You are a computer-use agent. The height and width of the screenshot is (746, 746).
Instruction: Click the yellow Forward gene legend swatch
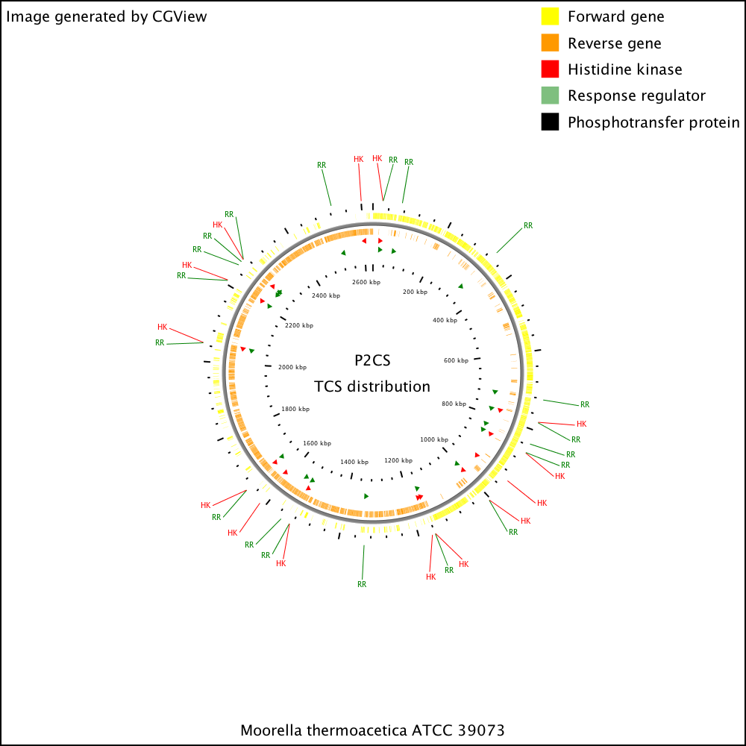[550, 16]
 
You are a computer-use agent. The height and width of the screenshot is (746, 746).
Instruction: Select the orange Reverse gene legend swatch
[550, 43]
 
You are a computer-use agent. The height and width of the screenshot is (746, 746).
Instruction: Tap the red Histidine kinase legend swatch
[550, 69]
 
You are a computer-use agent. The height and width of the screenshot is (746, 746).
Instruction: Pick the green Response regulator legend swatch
[550, 95]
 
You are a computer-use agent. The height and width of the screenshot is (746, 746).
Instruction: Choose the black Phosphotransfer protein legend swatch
[550, 122]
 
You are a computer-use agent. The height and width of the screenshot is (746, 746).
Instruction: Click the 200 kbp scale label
[416, 292]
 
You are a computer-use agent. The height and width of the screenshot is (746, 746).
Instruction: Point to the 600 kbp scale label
[457, 360]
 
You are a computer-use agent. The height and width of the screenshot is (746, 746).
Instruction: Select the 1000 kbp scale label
[434, 439]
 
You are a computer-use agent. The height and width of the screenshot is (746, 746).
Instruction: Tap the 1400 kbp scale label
[354, 462]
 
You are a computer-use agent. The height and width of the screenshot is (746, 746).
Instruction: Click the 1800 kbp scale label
[295, 409]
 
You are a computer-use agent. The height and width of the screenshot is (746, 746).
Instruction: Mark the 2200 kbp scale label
[299, 325]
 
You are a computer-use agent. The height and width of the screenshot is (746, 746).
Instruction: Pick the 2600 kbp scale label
[366, 282]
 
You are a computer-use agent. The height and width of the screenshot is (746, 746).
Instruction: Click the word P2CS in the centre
[372, 360]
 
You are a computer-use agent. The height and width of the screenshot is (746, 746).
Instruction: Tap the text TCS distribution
[372, 386]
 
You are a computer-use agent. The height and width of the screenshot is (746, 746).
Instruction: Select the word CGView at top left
[180, 16]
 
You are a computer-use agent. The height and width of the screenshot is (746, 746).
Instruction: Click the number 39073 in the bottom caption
[481, 730]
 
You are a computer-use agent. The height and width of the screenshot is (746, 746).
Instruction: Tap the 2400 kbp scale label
[326, 295]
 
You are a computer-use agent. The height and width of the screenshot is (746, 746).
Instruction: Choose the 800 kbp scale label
[454, 404]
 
